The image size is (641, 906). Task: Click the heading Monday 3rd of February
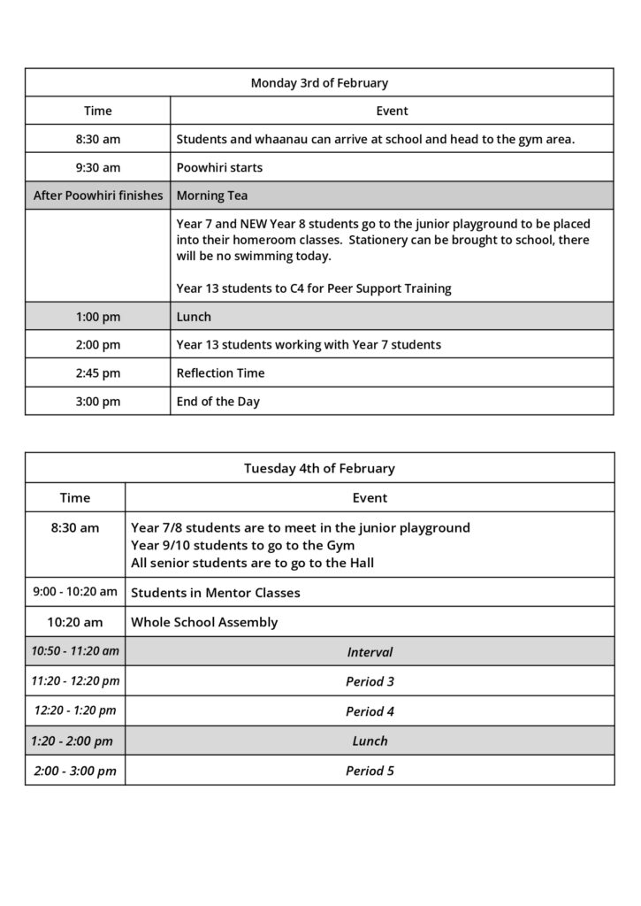click(319, 83)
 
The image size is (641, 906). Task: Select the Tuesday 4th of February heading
click(319, 468)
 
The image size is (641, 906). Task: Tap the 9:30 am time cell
click(98, 167)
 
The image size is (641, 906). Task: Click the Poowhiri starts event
click(219, 167)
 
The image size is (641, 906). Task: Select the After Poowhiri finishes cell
click(98, 196)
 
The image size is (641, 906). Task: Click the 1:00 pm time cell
click(98, 316)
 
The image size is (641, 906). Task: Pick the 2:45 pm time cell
click(98, 372)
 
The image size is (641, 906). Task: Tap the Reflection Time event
click(220, 372)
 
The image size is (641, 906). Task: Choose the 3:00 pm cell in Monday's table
click(98, 401)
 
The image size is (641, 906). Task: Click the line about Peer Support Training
click(314, 288)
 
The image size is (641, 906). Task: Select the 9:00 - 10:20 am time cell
click(75, 592)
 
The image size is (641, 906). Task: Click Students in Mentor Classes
click(216, 593)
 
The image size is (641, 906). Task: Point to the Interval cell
click(370, 652)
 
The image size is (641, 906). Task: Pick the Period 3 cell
click(370, 681)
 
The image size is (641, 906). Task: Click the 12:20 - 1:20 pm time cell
click(75, 710)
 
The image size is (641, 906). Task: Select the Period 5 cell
click(370, 771)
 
